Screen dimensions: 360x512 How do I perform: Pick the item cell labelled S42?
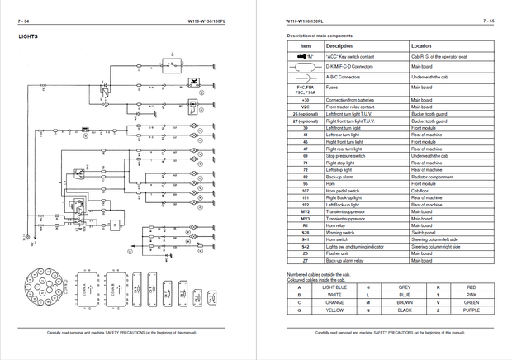305,246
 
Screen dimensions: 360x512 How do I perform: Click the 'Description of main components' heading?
325,37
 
